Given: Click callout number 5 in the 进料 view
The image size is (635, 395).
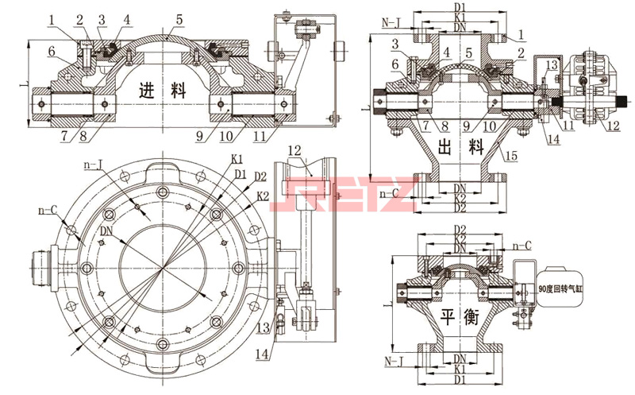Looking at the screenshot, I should pyautogui.click(x=179, y=17).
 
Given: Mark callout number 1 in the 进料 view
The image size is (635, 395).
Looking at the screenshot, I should pyautogui.click(x=51, y=17).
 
